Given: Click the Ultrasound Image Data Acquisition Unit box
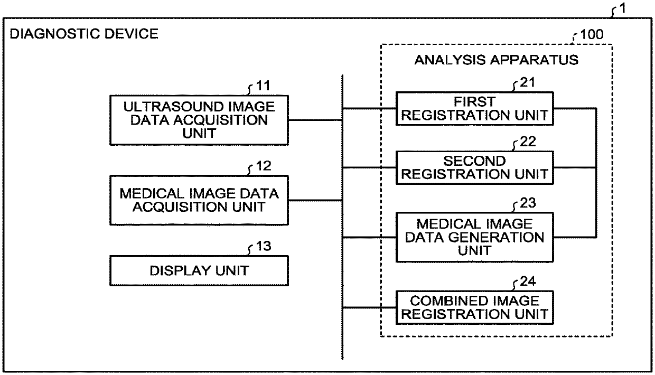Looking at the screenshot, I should point(199,120).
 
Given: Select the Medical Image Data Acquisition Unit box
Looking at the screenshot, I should point(199,200).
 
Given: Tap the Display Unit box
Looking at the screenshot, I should point(199,271).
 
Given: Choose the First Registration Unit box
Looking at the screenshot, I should point(475,108).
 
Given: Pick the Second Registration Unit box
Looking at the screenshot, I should point(475,167).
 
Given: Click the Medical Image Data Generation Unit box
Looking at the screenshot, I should point(475,237).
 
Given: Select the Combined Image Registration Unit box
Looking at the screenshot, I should point(475,308).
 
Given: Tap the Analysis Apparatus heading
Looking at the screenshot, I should point(496,60).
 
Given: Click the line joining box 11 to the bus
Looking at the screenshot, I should point(315,120).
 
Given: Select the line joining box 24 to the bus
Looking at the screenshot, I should point(369,308).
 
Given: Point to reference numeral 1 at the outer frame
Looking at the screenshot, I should point(624,9).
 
